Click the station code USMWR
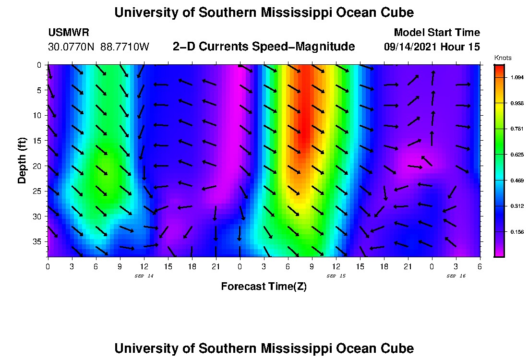(69, 33)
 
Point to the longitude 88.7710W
(125, 47)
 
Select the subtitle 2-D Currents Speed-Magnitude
(264, 47)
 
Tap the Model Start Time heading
(436, 33)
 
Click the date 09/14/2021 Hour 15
(432, 47)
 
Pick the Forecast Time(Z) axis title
(264, 287)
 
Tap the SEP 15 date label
(336, 276)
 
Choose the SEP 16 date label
(456, 276)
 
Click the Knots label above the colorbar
(503, 58)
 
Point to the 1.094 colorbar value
(516, 77)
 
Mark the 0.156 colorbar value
(516, 232)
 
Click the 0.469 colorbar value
(516, 180)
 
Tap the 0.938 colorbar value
(516, 103)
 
